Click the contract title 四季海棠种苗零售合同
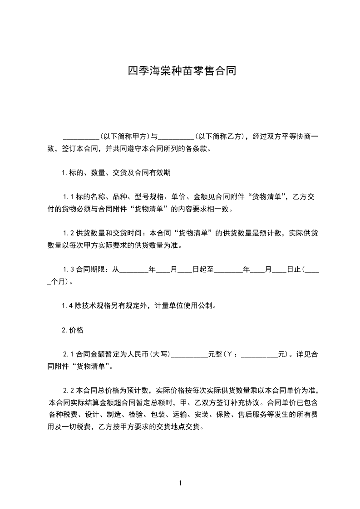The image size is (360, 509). click(x=182, y=71)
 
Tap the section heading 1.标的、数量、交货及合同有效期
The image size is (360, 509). click(x=116, y=172)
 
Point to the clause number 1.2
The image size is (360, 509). click(x=69, y=234)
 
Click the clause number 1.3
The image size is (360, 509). click(x=69, y=269)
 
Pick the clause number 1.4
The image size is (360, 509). click(x=69, y=305)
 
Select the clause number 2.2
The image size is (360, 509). click(x=69, y=391)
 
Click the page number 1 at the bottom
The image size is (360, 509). click(x=180, y=483)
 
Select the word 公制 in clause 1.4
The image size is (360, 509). click(x=204, y=305)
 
